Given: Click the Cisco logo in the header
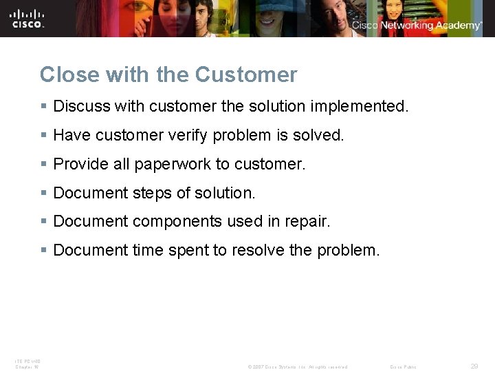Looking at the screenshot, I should (27, 18).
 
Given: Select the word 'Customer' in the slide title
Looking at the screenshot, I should (246, 74).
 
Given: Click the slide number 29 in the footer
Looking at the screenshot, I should (474, 366).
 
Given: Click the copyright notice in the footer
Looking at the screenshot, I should (297, 367).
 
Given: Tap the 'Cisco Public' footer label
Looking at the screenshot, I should (403, 367).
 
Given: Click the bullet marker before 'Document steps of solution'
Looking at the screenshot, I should (43, 194).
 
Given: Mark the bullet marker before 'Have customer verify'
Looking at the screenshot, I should (43, 136).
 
